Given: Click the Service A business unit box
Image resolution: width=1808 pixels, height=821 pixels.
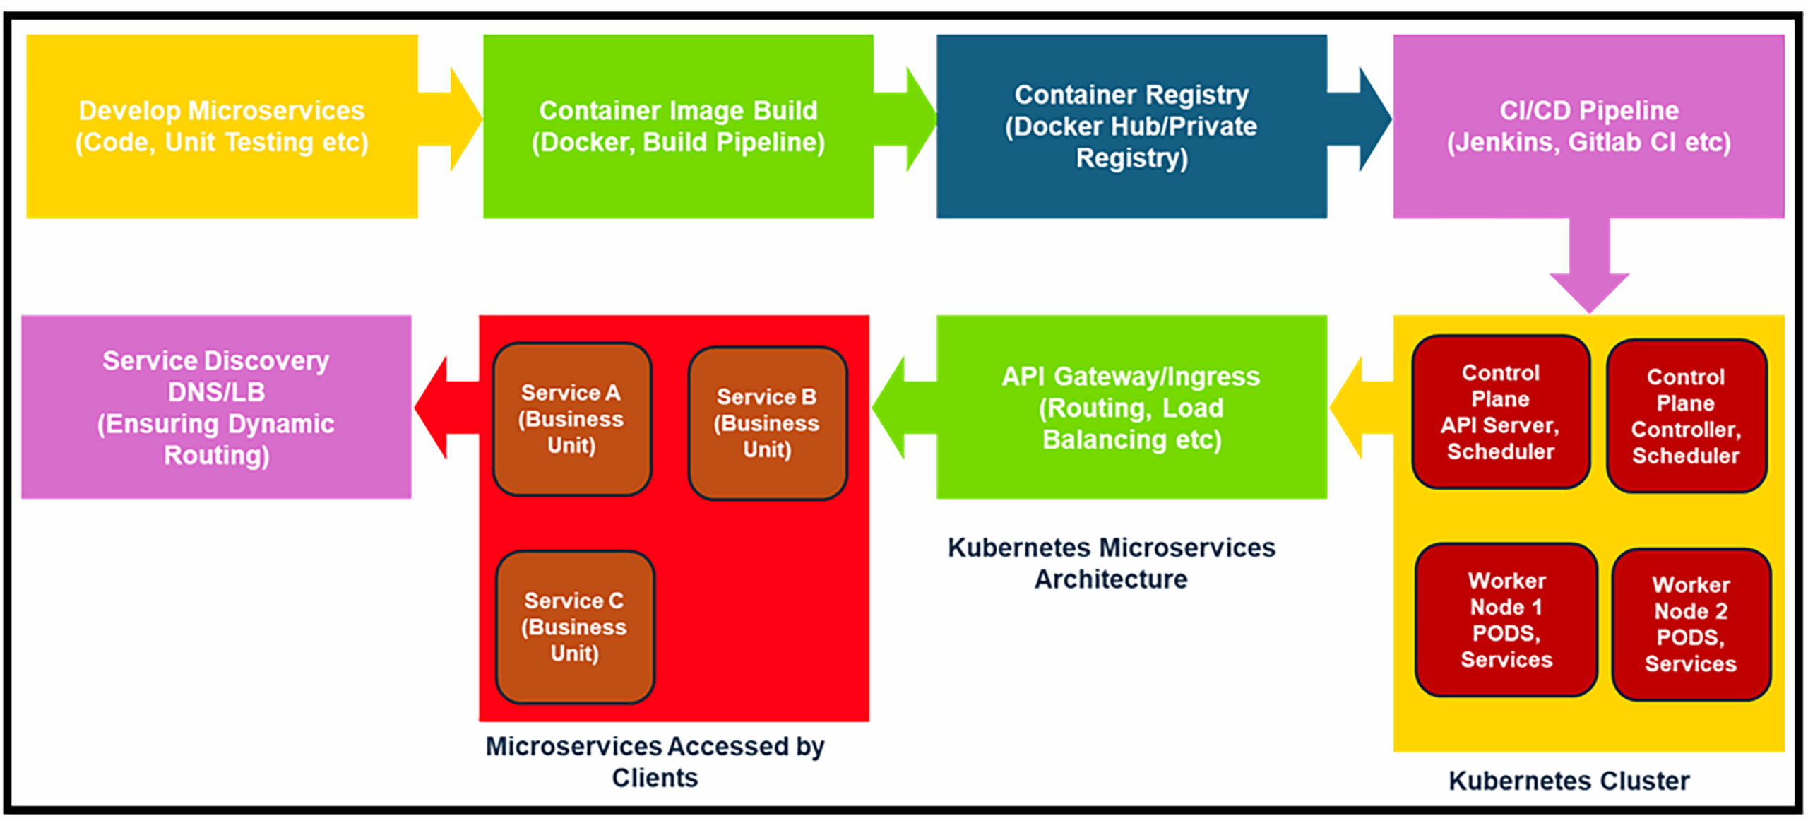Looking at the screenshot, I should point(571,419).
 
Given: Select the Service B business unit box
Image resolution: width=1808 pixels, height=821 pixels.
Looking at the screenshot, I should point(767,423).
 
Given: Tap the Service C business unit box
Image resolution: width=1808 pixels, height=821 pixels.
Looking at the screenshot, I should point(575,627).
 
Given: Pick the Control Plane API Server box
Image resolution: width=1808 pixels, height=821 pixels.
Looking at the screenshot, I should point(1500,412).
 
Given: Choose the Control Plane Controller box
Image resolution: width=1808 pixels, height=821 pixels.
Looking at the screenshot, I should point(1686,416).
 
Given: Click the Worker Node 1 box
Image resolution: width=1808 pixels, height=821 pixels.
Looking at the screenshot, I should point(1506,620).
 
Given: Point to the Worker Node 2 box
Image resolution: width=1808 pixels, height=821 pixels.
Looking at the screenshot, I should point(1691,624).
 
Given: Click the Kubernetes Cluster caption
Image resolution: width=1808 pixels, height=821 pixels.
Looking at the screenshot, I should point(1569,781).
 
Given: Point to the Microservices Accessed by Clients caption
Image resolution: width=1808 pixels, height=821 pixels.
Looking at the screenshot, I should point(655,762).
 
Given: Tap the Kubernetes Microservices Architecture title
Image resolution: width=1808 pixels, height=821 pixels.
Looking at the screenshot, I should point(1111,563).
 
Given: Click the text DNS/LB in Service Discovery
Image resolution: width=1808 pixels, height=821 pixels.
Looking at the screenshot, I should point(216,392).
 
